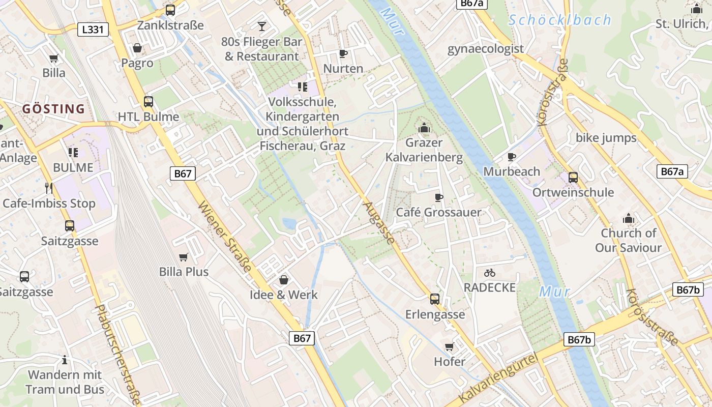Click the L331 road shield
coord(93,30)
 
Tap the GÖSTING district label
coord(53,108)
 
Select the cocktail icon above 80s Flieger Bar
coord(262,26)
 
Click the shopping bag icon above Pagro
coord(137,48)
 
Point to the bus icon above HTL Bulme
coord(149,101)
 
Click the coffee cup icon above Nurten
coord(343,53)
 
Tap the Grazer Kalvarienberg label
coord(424,150)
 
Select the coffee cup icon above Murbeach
coord(512,157)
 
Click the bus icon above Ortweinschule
coord(573,177)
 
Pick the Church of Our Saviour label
coord(629,240)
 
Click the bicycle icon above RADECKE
coord(490,273)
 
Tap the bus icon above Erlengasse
coord(435,299)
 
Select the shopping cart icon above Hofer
coord(449,347)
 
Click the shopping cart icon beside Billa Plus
coord(184,257)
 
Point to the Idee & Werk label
coord(284,295)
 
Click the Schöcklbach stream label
coord(559,20)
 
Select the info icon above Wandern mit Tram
coord(65,360)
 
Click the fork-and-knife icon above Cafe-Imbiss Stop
coord(49,188)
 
